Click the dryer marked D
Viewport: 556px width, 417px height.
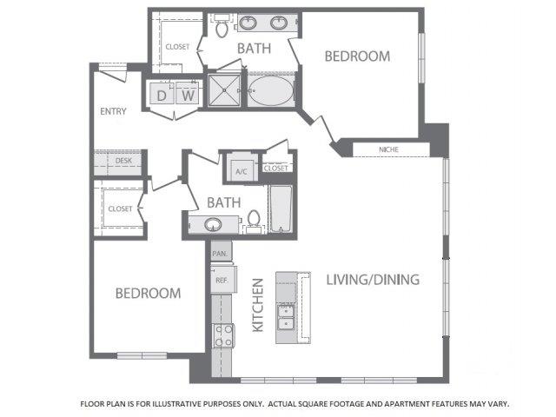[x=162, y=93]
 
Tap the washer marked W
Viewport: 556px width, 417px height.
[x=188, y=93]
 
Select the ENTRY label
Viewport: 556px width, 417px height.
[x=113, y=111]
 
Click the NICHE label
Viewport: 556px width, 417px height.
[x=388, y=149]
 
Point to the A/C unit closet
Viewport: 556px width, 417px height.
[x=242, y=167]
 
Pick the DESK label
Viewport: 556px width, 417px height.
[x=123, y=161]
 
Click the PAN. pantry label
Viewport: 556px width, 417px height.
[x=220, y=254]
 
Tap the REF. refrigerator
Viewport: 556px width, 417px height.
[x=223, y=280]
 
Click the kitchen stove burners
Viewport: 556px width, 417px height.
[x=223, y=335]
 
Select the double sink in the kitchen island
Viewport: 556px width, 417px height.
[x=286, y=317]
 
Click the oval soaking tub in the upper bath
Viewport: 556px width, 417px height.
[x=271, y=90]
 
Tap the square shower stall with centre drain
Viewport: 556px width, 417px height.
[x=224, y=90]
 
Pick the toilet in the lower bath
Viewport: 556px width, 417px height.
[x=254, y=222]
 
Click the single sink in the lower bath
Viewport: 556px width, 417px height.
[x=213, y=224]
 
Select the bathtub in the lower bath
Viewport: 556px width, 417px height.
[x=281, y=208]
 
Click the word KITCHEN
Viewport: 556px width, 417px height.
[x=258, y=305]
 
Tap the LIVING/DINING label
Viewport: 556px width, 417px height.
[x=373, y=280]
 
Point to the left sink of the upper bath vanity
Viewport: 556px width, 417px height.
[x=248, y=23]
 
